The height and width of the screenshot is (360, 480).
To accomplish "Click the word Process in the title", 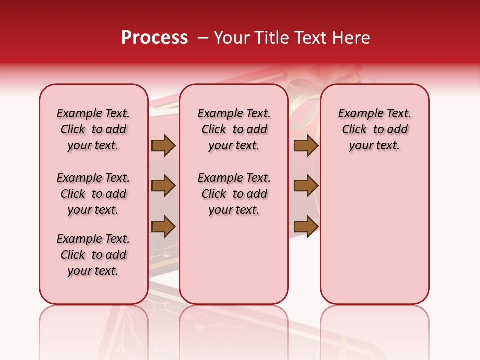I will pos(154,38).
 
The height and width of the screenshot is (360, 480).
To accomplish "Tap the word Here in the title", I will pos(351,38).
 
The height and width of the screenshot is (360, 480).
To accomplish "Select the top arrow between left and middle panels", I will pos(163,145).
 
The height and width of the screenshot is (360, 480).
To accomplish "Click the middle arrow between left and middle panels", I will pos(163,186).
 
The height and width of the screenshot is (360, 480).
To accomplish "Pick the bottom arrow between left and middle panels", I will pos(163,226).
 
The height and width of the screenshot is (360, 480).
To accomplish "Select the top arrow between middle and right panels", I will pos(306,145).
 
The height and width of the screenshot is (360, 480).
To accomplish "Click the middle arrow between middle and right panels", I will pos(306,186).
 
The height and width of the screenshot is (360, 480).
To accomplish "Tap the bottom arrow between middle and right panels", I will pos(306,226).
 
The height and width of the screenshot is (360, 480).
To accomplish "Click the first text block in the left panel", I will pos(93,129).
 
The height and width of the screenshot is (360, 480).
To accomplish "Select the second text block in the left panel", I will pos(93,194).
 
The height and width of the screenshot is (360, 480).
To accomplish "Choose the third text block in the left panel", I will pos(93,255).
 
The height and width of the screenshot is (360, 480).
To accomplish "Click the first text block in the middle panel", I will pos(234,129).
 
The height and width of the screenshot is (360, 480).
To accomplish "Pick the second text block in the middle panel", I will pos(234,194).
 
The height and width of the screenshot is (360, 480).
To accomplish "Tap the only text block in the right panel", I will pos(374,129).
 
